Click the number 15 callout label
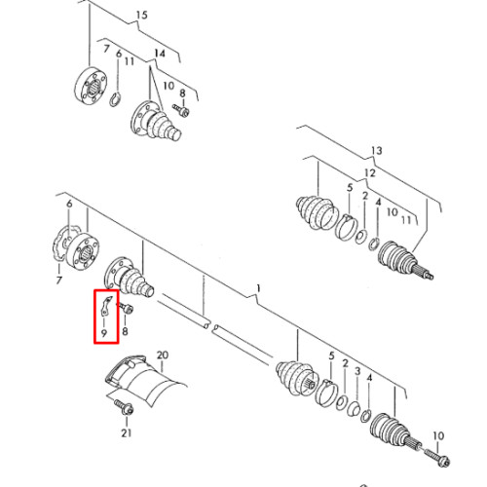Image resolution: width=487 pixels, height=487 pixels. click(141, 16)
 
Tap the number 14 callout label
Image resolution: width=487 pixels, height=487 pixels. click(160, 54)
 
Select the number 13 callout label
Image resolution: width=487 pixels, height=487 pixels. click(377, 151)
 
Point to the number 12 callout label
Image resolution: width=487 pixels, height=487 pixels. click(370, 173)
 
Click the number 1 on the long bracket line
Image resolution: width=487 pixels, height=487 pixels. click(258, 288)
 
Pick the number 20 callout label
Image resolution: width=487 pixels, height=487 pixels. click(163, 355)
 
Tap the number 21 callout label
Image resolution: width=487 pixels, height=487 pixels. click(127, 432)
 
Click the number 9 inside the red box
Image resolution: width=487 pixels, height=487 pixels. click(104, 333)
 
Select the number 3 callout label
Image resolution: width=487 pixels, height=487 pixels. click(357, 371)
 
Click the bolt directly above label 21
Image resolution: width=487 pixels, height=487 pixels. click(124, 407)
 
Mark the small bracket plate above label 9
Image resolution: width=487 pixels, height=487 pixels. click(107, 306)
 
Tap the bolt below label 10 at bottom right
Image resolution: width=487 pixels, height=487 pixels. click(436, 456)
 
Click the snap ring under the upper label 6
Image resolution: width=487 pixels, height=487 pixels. click(115, 99)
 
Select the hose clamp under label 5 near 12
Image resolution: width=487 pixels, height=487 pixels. click(347, 227)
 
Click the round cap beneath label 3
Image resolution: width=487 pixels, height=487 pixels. click(354, 409)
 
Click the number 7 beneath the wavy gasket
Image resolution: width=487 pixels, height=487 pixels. click(58, 280)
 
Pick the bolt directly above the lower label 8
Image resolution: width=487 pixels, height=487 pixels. click(126, 308)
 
